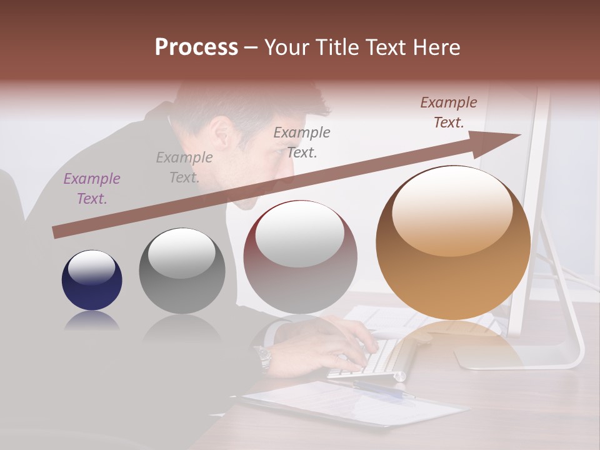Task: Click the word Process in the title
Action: pyautogui.click(x=196, y=47)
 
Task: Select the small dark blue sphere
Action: pyautogui.click(x=92, y=281)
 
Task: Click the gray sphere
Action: pyautogui.click(x=182, y=271)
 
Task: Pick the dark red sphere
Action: pyautogui.click(x=301, y=257)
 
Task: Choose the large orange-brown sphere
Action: pyautogui.click(x=453, y=242)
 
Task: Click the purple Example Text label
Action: pyautogui.click(x=92, y=188)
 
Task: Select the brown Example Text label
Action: pyautogui.click(x=449, y=112)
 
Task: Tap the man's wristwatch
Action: pyautogui.click(x=264, y=358)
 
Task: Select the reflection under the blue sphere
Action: pyautogui.click(x=92, y=321)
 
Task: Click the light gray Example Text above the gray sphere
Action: pyautogui.click(x=184, y=167)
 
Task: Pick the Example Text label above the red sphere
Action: pyautogui.click(x=302, y=142)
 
